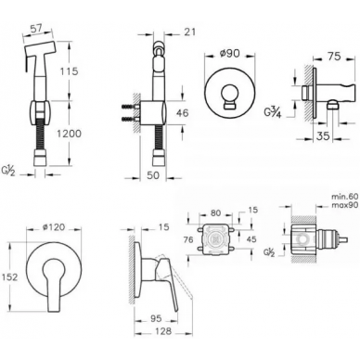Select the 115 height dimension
[x=68, y=71]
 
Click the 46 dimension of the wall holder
[x=182, y=113]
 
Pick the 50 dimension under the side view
[x=153, y=174]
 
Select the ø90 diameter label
[x=229, y=53]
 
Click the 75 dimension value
[x=334, y=57]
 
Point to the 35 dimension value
[x=324, y=135]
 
